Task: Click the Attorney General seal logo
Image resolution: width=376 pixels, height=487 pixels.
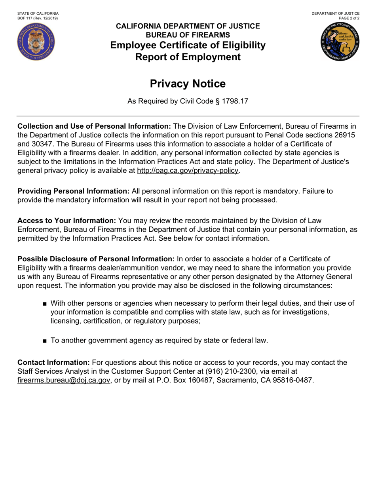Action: point(340,42)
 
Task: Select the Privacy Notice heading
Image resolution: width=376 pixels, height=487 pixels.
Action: point(188,84)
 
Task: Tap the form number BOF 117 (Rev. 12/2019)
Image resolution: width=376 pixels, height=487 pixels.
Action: point(38,18)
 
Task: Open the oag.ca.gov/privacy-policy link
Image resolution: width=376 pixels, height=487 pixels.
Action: point(188,171)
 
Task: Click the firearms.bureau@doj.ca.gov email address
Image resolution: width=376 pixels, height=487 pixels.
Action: point(64,380)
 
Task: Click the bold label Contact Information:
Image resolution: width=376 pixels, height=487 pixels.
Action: point(54,363)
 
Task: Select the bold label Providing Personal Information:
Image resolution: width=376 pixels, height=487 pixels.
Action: point(74,191)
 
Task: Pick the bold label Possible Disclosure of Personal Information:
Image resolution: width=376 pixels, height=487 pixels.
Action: point(96,259)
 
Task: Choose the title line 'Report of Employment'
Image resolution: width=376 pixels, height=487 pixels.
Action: point(188,57)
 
